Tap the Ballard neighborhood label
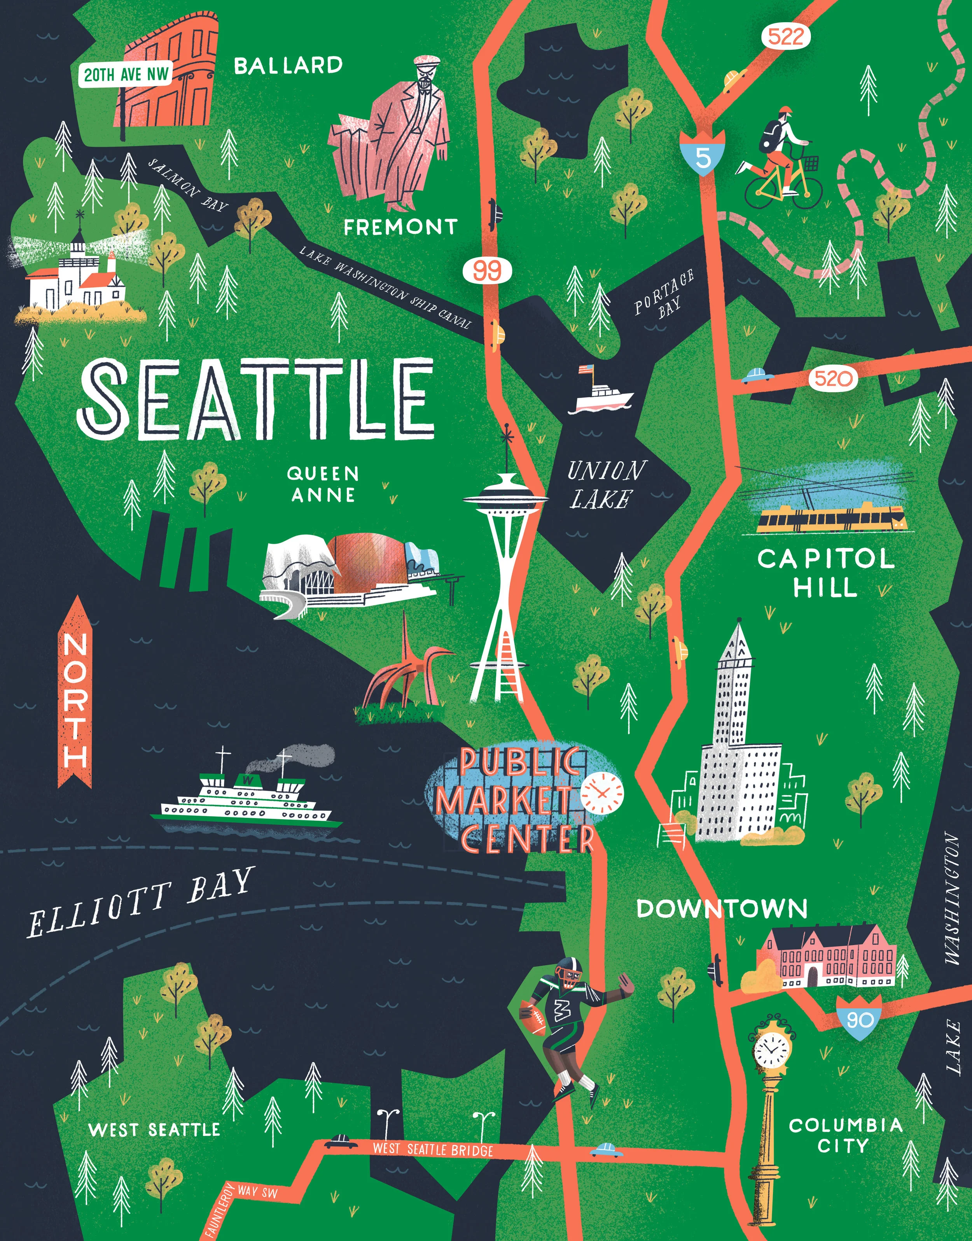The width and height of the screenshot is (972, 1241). click(288, 66)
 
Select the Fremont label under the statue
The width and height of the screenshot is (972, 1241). click(400, 228)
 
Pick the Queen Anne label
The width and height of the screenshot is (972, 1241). click(323, 484)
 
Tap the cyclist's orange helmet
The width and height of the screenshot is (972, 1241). click(785, 111)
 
